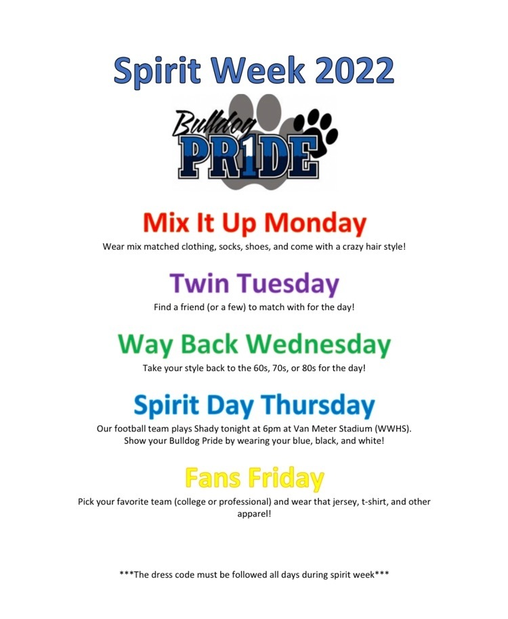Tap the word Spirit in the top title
pyautogui.click(x=157, y=71)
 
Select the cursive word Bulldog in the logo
pyautogui.click(x=214, y=125)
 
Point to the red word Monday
pyautogui.click(x=316, y=223)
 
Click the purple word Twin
pyautogui.click(x=199, y=283)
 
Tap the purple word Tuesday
pyautogui.click(x=288, y=284)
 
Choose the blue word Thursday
pyautogui.click(x=318, y=405)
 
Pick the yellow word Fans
pyautogui.click(x=213, y=477)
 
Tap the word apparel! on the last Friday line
pyautogui.click(x=254, y=515)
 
